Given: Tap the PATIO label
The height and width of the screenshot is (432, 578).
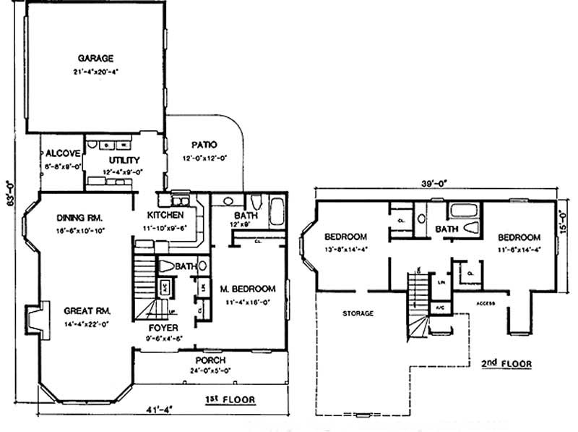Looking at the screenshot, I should (x=204, y=145).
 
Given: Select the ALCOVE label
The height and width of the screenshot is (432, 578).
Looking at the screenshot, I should (x=61, y=153).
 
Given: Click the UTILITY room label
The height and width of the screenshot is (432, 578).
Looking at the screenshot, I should (x=124, y=160).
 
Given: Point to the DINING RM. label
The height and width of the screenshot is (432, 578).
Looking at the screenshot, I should (x=81, y=217).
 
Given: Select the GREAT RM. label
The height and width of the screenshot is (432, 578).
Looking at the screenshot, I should (x=86, y=310).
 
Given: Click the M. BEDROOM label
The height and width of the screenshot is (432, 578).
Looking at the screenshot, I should (x=248, y=289).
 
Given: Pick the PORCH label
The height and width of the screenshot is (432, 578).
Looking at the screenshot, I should (x=210, y=360).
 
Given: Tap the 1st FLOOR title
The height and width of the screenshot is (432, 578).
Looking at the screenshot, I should (x=230, y=399).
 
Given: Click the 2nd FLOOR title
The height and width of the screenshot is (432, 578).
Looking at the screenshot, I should (x=506, y=363).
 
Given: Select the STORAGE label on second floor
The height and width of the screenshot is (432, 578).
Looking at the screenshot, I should (x=358, y=313).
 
